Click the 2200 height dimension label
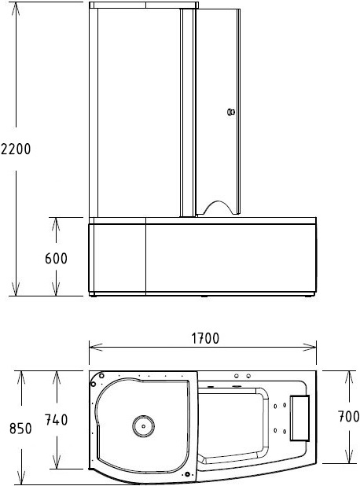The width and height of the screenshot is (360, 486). pyautogui.click(x=16, y=149)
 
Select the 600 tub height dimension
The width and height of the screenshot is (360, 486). pyautogui.click(x=56, y=258)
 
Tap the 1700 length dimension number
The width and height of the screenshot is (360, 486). pyautogui.click(x=203, y=338)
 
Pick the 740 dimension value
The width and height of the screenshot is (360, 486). pyautogui.click(x=56, y=420)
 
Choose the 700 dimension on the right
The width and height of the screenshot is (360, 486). pyautogui.click(x=349, y=417)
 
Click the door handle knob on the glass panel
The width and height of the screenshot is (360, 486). pyautogui.click(x=230, y=112)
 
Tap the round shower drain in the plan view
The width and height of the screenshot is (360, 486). pyautogui.click(x=142, y=426)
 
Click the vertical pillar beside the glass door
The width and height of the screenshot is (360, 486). pyautogui.click(x=188, y=110)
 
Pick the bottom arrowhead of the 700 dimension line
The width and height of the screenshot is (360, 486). pyautogui.click(x=349, y=459)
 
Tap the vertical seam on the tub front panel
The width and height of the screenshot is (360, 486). pyautogui.click(x=146, y=258)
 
